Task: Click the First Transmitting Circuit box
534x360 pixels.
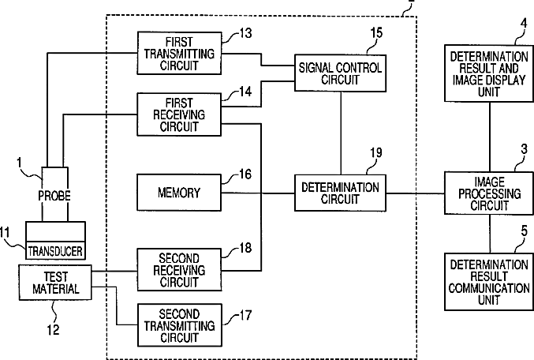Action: click(179, 53)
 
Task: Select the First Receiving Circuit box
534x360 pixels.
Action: click(179, 114)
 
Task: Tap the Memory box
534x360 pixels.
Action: click(179, 193)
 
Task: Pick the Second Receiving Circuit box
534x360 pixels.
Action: click(179, 270)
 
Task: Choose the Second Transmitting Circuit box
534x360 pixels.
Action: click(179, 325)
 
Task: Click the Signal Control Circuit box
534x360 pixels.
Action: click(340, 73)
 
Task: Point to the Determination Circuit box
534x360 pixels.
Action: click(340, 193)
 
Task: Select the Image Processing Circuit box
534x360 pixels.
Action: click(489, 193)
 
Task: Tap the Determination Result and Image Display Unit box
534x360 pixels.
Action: click(489, 73)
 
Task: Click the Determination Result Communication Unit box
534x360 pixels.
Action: click(489, 282)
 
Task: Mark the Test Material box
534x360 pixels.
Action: click(55, 283)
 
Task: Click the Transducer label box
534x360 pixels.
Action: click(55, 251)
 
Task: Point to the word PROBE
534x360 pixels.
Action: click(54, 196)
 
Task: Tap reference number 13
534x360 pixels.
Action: click(245, 33)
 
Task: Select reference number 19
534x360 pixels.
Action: click(376, 152)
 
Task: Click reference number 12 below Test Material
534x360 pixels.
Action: click(53, 330)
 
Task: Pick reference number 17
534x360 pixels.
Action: click(245, 315)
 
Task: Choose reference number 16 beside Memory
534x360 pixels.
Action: click(245, 174)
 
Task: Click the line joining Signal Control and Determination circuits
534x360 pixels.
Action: click(341, 133)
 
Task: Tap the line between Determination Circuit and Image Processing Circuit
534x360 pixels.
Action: click(415, 193)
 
